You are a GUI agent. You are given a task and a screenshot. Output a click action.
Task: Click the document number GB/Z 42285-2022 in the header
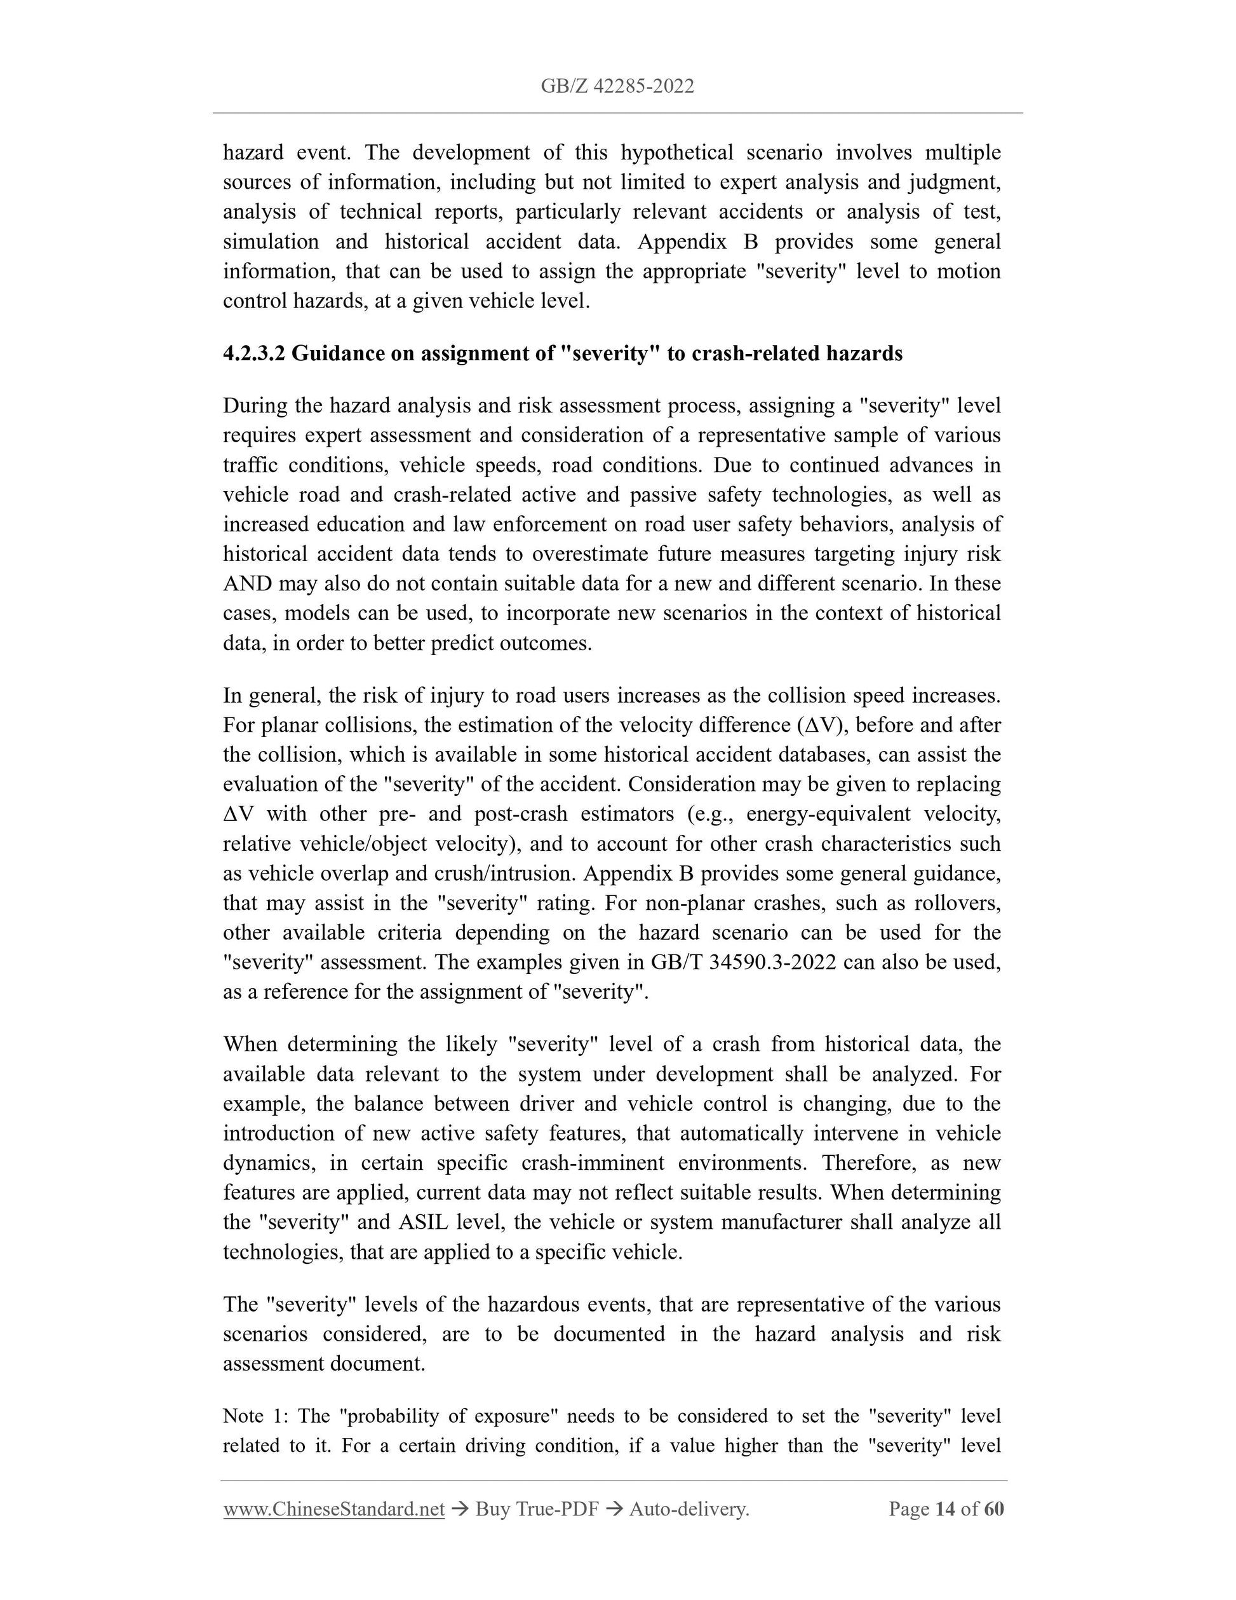point(617,86)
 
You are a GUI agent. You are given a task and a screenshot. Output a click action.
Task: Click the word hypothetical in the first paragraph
point(676,153)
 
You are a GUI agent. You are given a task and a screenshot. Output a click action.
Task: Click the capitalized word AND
point(248,584)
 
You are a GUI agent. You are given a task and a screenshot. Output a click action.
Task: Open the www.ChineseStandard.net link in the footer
point(334,1508)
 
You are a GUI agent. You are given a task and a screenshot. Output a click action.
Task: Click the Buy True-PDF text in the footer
point(537,1508)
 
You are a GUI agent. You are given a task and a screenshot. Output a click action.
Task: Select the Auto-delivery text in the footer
point(689,1508)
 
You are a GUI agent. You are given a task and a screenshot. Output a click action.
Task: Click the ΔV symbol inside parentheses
point(823,725)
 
